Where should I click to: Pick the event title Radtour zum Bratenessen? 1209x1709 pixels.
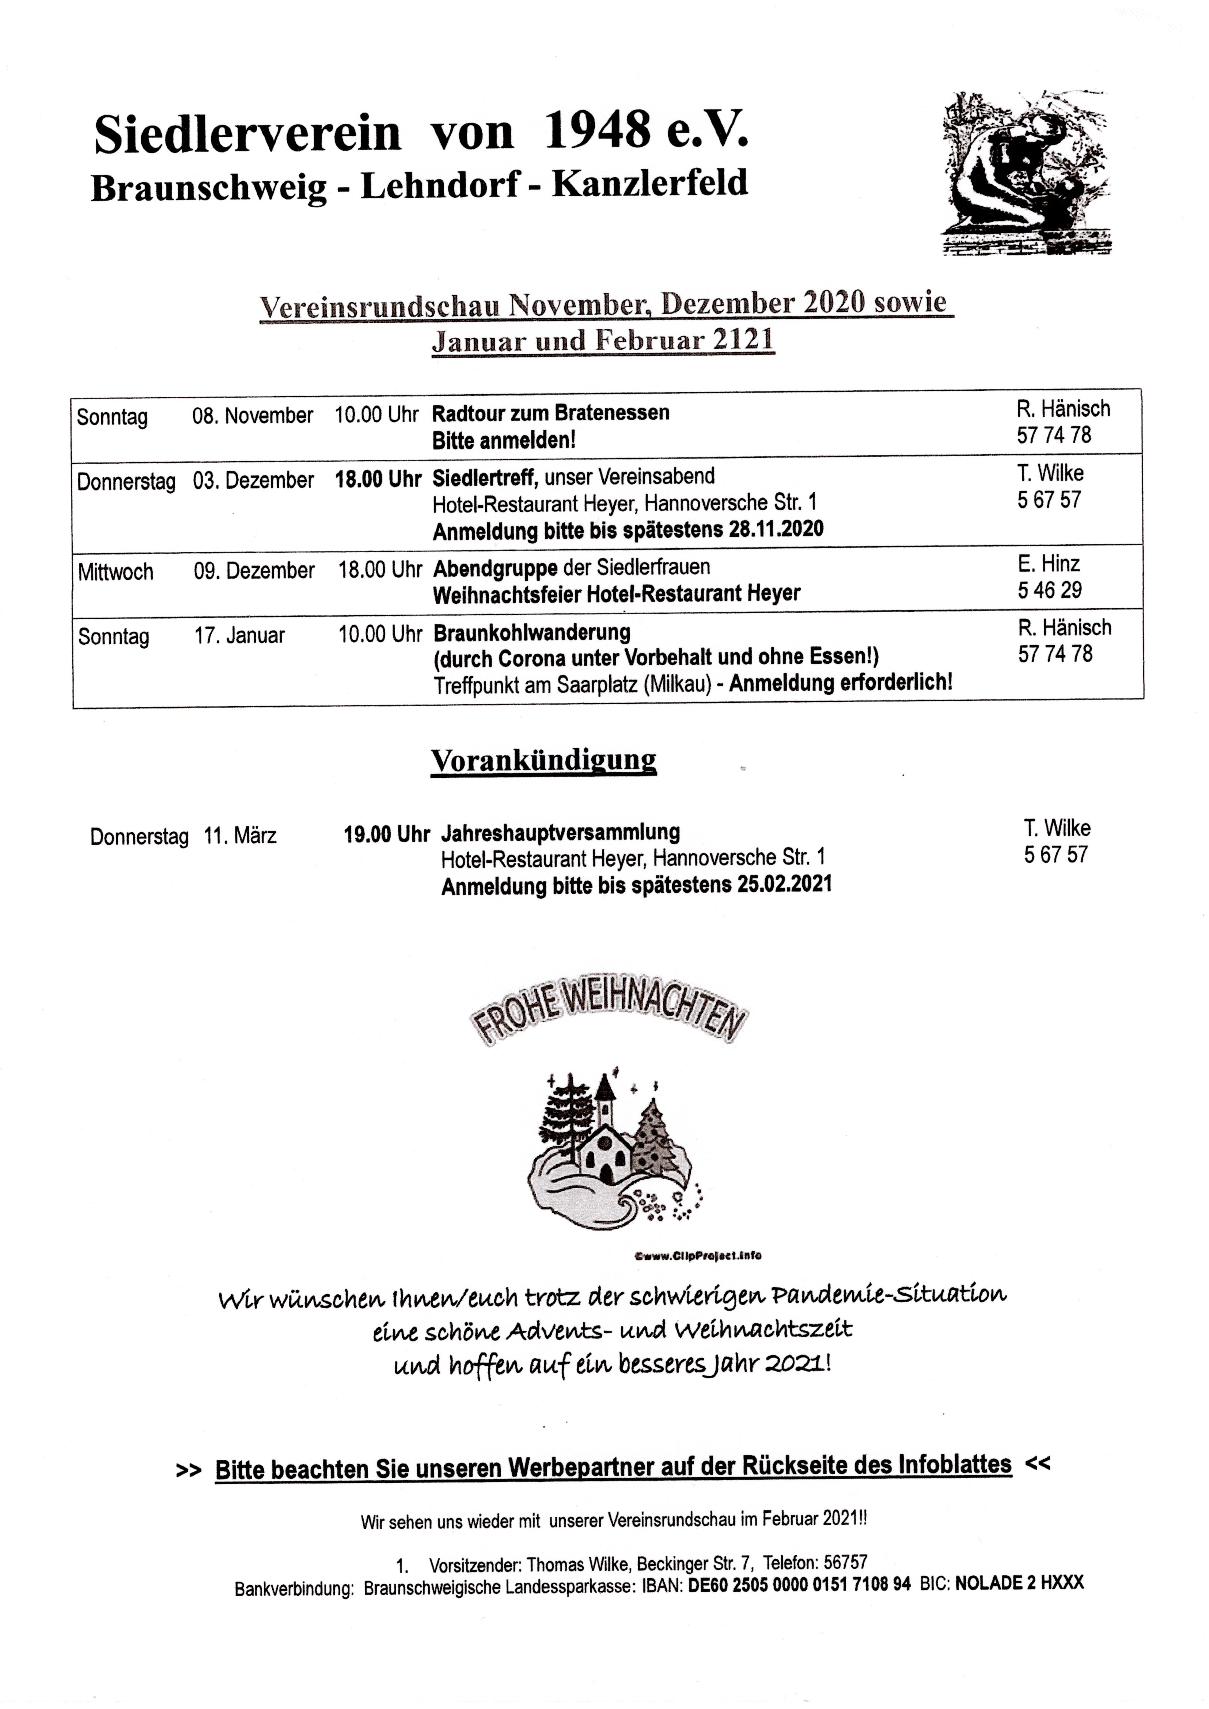tap(550, 413)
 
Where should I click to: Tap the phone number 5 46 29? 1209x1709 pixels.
tap(1050, 590)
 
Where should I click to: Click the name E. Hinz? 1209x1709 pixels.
tap(1048, 564)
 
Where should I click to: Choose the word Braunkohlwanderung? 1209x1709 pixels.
tap(531, 633)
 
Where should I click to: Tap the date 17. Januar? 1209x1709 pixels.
tap(239, 636)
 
